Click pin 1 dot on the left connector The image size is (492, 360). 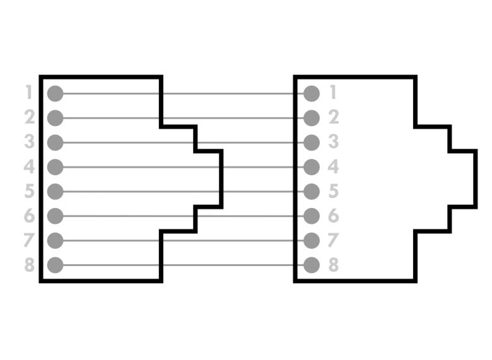(x=56, y=93)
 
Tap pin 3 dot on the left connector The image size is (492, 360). (x=56, y=142)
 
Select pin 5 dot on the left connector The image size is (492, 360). (x=56, y=191)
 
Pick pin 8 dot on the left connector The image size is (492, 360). (x=56, y=265)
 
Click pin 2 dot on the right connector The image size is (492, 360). (x=312, y=118)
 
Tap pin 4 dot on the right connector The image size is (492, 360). (x=312, y=167)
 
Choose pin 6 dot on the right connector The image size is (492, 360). (x=312, y=216)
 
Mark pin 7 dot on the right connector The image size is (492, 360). (x=312, y=240)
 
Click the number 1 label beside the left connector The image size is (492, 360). (x=28, y=93)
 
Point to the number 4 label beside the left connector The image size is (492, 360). (x=28, y=167)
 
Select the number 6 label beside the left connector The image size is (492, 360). (x=28, y=216)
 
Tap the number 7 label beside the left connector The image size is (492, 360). (x=28, y=240)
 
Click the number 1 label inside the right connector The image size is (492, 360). (x=334, y=93)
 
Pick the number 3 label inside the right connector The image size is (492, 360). (x=334, y=142)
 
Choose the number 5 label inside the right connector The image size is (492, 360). (x=334, y=191)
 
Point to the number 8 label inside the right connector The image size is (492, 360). (x=334, y=265)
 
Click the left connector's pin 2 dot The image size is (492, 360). (x=56, y=118)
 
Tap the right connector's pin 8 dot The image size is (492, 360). (x=312, y=265)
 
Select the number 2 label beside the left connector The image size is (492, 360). (x=28, y=118)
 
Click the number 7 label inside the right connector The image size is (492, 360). (x=334, y=240)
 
